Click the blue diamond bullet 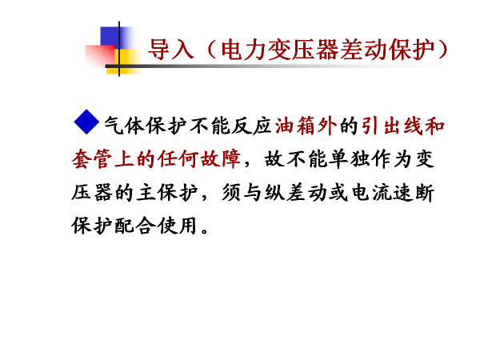pos(86,122)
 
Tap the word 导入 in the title pos(171,50)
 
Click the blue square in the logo pos(114,38)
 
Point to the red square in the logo pos(100,55)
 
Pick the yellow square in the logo pos(126,62)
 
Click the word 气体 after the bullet pos(124,126)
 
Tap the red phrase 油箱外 pos(306,126)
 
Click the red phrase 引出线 pos(393,126)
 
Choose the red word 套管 pos(92,159)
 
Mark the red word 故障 pos(221,159)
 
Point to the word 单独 pos(350,159)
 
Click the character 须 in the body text pos(231,193)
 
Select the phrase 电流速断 pos(393,193)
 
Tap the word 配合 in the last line pos(134,226)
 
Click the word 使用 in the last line pos(177,226)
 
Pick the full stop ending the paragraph pos(205,230)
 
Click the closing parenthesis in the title pos(442,50)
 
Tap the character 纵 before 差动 pos(274,193)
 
